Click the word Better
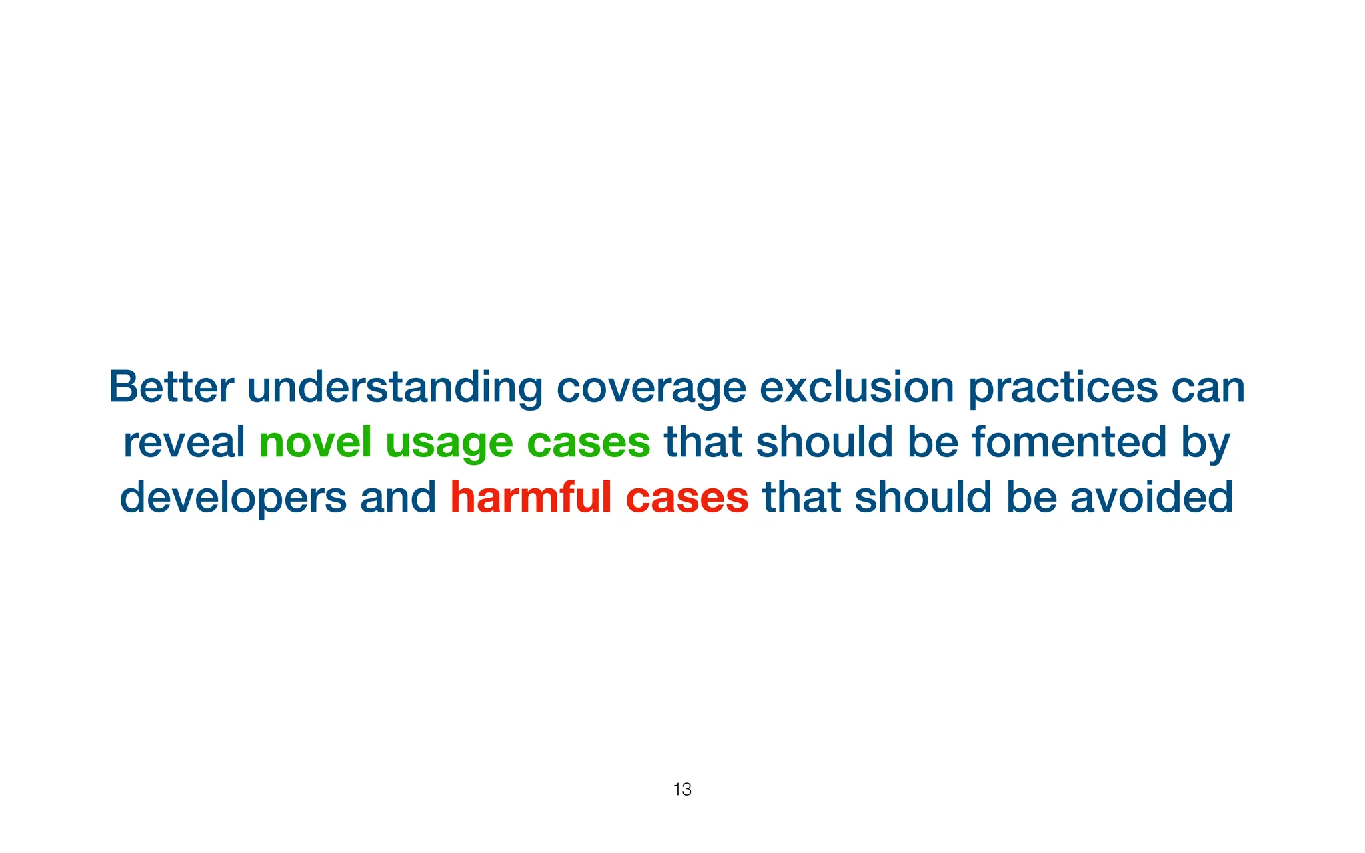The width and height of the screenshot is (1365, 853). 171,387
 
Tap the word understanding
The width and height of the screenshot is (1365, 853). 395,388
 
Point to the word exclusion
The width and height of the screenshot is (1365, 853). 857,387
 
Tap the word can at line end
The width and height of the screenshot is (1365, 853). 1208,388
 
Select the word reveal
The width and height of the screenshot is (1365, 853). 185,442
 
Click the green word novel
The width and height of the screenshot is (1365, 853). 315,442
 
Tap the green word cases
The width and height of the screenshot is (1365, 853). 588,443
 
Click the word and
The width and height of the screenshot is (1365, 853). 398,497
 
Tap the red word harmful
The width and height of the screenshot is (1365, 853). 531,497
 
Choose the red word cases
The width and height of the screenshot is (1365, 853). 687,498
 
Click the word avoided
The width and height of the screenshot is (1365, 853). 1152,497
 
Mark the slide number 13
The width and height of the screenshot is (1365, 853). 682,790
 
